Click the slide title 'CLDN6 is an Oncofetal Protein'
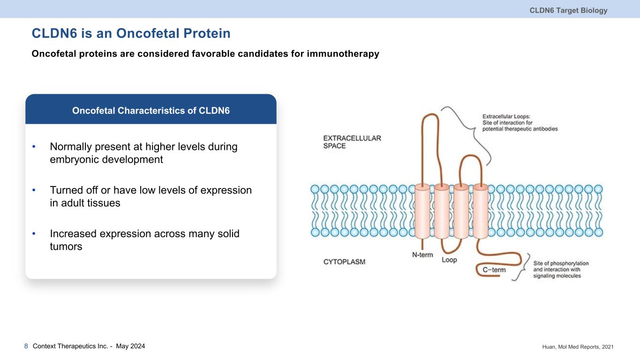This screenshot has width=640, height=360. [131, 34]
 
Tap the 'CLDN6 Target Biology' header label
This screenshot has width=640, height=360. [568, 10]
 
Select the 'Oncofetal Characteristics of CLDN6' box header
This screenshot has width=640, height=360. [151, 111]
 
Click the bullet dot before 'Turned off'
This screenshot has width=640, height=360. [34, 191]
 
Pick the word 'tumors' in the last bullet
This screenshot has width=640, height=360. [66, 247]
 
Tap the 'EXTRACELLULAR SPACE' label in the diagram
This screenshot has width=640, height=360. [352, 142]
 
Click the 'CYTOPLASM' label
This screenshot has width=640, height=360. [344, 262]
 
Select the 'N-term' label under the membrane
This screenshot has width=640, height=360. [422, 255]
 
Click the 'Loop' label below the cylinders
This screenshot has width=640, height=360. [449, 260]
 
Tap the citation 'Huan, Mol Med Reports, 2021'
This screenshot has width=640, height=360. [576, 346]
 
